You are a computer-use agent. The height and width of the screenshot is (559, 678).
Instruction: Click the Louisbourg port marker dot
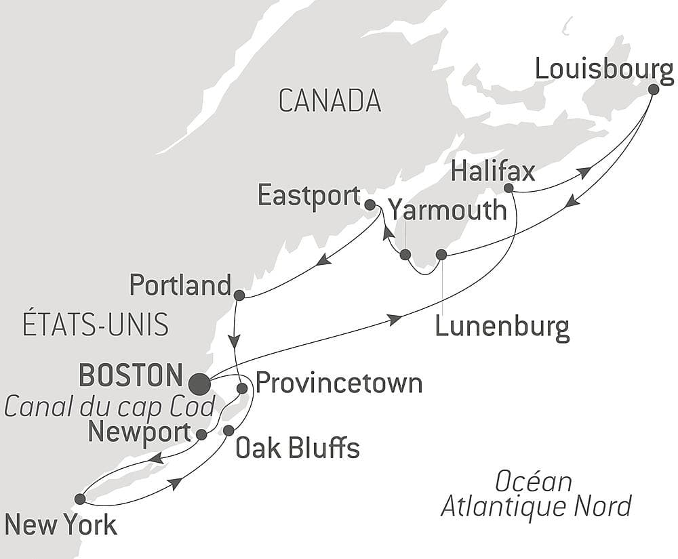click(653, 89)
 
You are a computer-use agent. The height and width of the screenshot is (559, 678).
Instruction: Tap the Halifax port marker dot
click(509, 188)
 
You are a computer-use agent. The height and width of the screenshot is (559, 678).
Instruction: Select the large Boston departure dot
click(199, 384)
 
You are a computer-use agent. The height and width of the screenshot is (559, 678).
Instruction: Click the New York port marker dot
click(80, 499)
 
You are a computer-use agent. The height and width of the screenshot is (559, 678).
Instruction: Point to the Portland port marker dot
click(239, 295)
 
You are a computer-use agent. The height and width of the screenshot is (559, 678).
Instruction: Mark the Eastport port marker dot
click(370, 204)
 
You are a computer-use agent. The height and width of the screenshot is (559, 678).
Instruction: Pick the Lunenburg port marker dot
click(441, 255)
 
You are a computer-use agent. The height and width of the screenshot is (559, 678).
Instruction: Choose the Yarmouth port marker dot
click(405, 255)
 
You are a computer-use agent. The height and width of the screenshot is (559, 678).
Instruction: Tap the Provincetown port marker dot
click(242, 388)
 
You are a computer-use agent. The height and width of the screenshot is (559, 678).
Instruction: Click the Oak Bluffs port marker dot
click(228, 430)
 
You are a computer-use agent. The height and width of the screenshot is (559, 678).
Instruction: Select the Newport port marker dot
click(201, 434)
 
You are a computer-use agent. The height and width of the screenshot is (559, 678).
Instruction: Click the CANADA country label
click(330, 101)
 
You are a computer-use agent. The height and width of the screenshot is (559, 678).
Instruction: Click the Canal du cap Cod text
click(110, 407)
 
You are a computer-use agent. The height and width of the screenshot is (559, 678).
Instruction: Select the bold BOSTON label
click(131, 375)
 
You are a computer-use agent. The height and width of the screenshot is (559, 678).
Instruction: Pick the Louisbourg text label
click(603, 69)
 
